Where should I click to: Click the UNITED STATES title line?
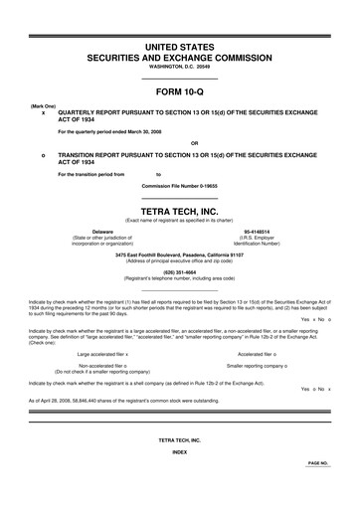point(179,47)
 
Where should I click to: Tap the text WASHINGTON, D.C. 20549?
point(179,68)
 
